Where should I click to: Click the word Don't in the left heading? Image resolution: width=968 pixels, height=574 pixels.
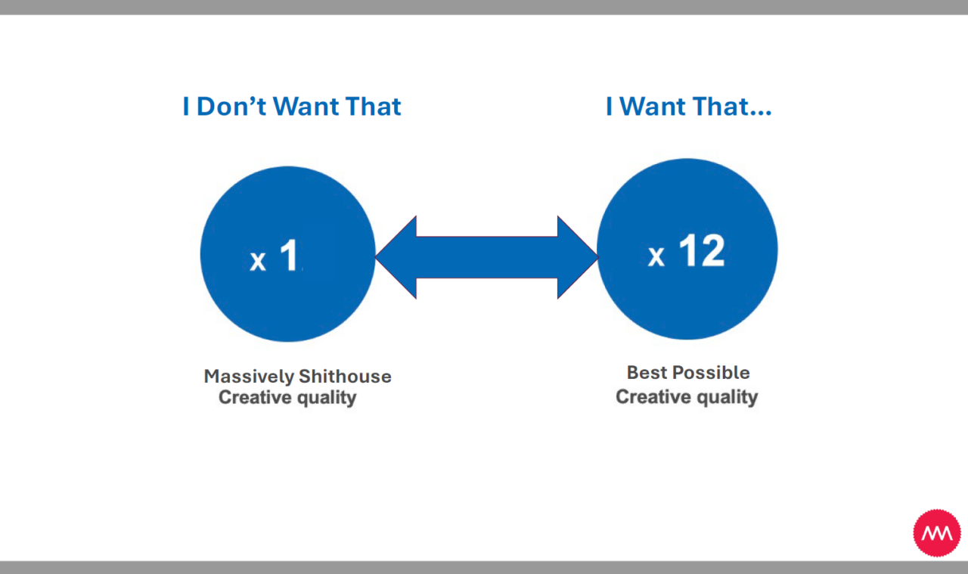point(231,107)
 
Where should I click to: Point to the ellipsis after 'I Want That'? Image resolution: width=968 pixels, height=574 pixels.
point(761,113)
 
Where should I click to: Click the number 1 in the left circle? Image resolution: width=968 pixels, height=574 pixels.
point(289,255)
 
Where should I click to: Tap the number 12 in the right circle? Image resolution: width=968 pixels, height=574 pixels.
point(703,250)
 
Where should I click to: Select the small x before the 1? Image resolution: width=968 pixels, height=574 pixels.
point(258,262)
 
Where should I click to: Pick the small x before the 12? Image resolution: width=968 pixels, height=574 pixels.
point(656,256)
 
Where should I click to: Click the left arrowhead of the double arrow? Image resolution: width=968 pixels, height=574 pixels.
point(396,257)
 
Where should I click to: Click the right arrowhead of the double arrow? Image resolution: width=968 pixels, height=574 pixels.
point(579,257)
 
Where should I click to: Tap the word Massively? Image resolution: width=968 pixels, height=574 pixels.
point(249,377)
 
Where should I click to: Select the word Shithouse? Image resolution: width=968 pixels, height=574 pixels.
point(346,376)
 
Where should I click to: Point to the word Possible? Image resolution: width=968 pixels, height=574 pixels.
point(712,373)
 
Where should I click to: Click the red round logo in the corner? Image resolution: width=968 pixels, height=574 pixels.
point(937,533)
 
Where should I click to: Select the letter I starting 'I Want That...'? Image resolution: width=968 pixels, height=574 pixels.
point(609,107)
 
